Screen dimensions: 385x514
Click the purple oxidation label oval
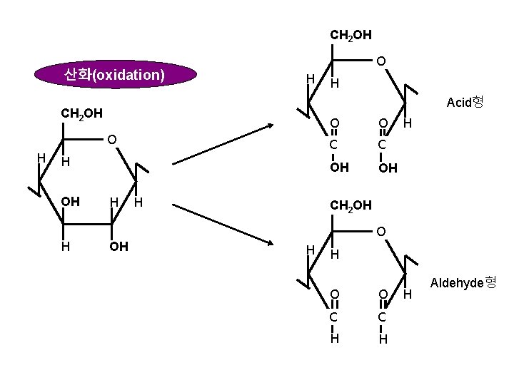115,75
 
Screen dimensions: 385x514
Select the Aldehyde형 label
462,283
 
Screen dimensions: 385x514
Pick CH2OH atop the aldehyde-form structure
351,206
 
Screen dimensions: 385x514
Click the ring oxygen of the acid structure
382,62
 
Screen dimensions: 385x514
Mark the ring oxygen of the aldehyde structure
382,232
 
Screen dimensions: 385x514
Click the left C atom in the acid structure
334,145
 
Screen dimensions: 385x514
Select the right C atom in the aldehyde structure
383,317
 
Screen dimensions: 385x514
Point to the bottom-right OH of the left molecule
119,247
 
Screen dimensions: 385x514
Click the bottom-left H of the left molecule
64,247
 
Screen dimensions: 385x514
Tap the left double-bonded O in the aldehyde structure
334,294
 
